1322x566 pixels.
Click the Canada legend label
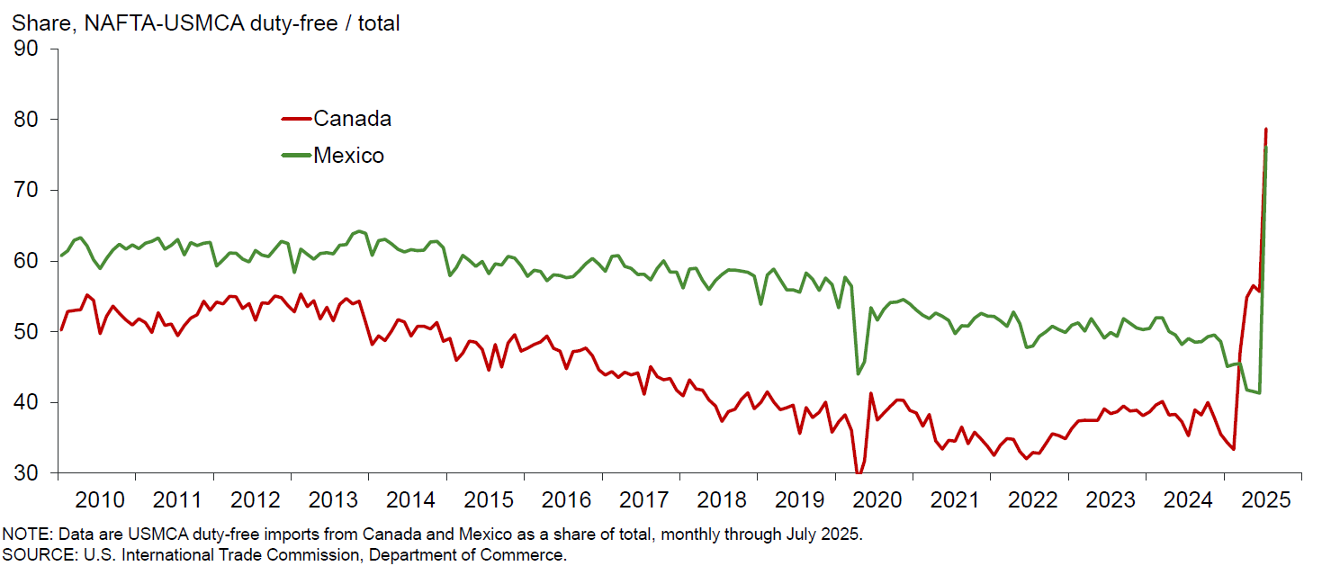click(352, 119)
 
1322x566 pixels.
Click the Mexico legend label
click(348, 156)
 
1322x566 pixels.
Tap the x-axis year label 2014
click(409, 499)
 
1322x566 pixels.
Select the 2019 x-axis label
click(799, 499)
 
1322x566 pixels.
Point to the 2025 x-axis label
click(1266, 499)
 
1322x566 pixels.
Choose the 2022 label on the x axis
click(1032, 499)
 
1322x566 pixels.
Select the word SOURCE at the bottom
click(33, 555)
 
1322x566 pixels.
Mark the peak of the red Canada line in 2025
click(1265, 130)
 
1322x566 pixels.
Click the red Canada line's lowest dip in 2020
click(858, 473)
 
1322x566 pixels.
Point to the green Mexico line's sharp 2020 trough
click(858, 373)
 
